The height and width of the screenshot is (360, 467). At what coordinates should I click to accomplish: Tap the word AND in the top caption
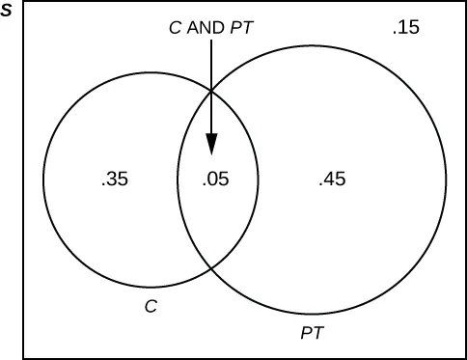click(x=206, y=28)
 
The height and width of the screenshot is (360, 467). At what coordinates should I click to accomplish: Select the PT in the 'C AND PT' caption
click(x=239, y=28)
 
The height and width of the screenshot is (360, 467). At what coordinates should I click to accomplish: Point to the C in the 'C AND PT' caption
click(x=174, y=28)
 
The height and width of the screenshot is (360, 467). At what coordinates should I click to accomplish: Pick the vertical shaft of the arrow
click(x=211, y=87)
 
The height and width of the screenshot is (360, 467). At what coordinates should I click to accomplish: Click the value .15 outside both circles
click(x=405, y=28)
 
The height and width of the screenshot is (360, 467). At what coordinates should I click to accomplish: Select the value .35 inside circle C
click(x=114, y=179)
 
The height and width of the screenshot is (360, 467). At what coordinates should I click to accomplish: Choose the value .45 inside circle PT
click(x=332, y=179)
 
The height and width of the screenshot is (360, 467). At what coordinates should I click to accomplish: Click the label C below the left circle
click(x=150, y=306)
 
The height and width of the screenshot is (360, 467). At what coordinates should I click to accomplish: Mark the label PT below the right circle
click(x=312, y=333)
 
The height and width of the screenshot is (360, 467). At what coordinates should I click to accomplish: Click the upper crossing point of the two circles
click(x=211, y=90)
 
